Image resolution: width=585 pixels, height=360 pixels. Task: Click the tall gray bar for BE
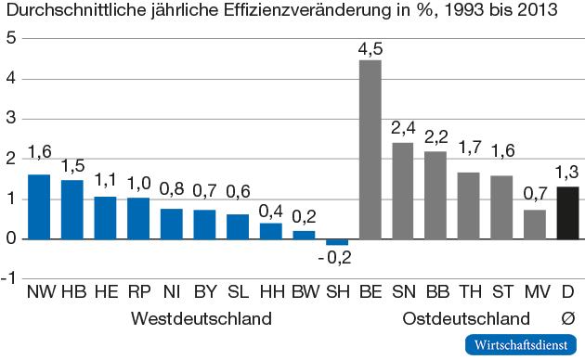coord(370,148)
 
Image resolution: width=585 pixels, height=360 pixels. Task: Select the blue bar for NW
coord(39,206)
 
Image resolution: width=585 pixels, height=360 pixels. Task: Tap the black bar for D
coord(567,212)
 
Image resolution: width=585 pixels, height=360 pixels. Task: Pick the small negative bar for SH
coord(336,242)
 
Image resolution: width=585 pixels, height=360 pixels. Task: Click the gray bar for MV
coord(535,224)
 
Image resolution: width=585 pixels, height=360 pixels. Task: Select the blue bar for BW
coord(304,235)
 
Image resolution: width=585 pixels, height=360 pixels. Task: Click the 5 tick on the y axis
coord(11,38)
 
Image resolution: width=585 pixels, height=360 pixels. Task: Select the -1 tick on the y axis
coord(9,278)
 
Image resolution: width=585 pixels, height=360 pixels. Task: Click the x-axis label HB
coord(72,294)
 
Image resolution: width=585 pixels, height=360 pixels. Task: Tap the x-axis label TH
coord(469,294)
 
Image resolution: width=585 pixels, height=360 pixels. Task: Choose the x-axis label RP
coord(138,294)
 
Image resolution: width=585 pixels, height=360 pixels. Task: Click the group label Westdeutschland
coord(201,319)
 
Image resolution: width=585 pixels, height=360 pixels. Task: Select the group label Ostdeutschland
coord(460,319)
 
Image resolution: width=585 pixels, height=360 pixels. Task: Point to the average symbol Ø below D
coord(568,319)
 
